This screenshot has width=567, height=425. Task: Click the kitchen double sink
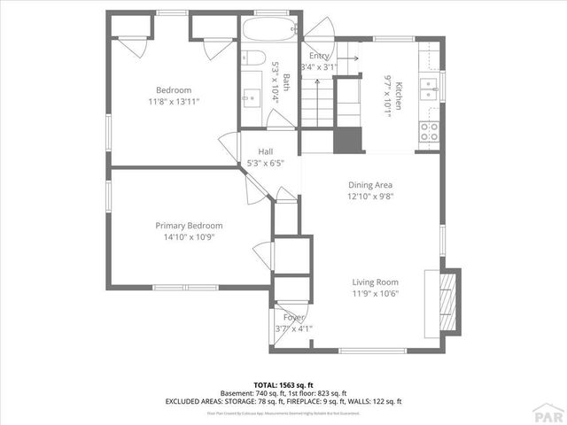coord(429,89)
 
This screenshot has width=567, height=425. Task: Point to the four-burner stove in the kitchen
coord(430,132)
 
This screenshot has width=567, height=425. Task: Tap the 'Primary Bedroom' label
coord(189,225)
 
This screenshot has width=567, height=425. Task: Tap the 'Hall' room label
coord(265,151)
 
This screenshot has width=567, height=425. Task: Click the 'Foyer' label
coord(293,317)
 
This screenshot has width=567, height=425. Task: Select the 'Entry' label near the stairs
coord(318,55)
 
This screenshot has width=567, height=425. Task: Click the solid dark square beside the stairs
coord(348,141)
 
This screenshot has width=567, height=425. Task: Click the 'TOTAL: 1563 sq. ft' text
coord(283,385)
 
